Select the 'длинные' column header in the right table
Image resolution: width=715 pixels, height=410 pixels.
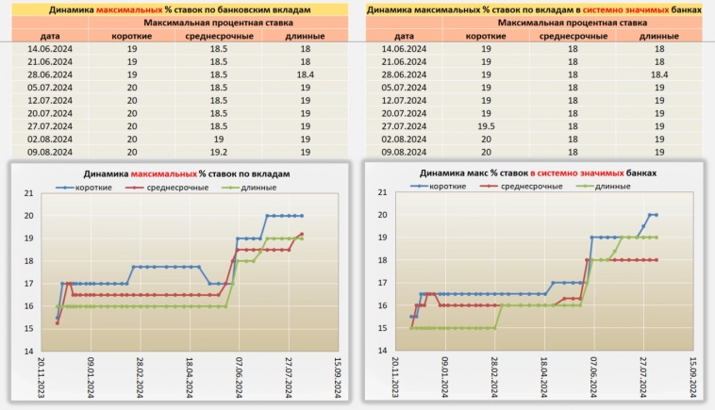click(658, 35)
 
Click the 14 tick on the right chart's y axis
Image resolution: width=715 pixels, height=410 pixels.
click(382, 350)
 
